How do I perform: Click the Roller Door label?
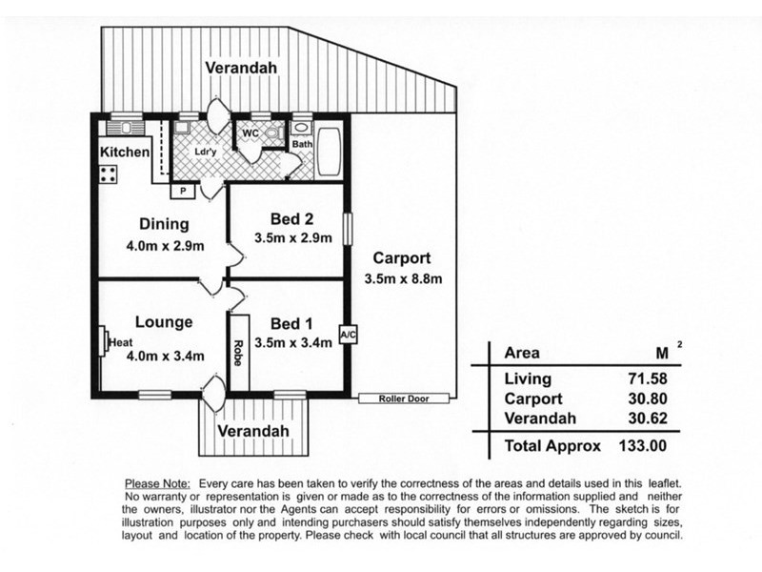(x=404, y=398)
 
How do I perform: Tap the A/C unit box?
(x=348, y=335)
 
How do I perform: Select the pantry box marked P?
(x=183, y=191)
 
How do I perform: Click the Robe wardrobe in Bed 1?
(x=239, y=352)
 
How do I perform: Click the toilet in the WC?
(x=273, y=133)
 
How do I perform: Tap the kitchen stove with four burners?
(x=108, y=174)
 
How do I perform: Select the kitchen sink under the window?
(x=126, y=128)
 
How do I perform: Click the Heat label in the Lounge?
(x=121, y=342)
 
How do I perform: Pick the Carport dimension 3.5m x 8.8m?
(x=403, y=278)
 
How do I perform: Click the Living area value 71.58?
(x=648, y=378)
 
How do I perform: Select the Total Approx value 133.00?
(x=642, y=445)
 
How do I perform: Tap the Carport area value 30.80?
(x=648, y=398)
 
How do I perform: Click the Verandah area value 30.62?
(x=648, y=419)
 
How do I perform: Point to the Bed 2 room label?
(x=291, y=219)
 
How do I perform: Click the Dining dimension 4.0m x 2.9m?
(x=165, y=246)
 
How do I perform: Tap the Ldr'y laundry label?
(x=205, y=152)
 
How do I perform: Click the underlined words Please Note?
(x=157, y=484)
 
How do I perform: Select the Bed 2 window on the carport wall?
(x=347, y=229)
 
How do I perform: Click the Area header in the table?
(x=522, y=353)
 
